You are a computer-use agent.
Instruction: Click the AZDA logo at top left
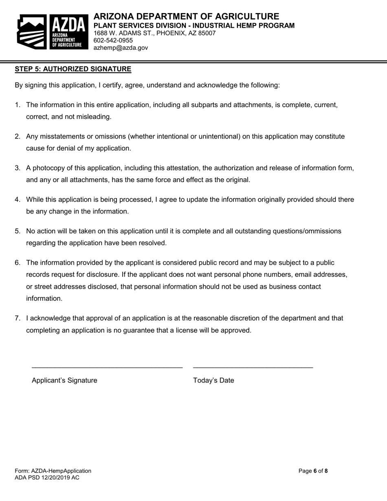coord(52,32)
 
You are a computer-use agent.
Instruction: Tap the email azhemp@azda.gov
coord(121,48)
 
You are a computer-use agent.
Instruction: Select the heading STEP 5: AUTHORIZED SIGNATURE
coord(73,69)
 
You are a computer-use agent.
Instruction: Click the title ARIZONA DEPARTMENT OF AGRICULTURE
coord(186,16)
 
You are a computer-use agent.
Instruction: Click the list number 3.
coord(18,168)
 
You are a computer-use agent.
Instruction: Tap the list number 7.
coord(18,318)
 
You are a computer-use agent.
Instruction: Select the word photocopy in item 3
coord(49,168)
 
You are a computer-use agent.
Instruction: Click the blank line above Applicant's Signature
coord(107,367)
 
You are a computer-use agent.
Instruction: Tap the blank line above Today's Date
coord(253,367)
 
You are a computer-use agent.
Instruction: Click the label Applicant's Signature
coord(64,380)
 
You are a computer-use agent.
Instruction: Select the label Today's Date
coord(213,380)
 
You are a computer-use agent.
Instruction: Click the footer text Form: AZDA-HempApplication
coord(53,471)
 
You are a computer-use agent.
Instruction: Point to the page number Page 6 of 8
coord(313,471)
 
